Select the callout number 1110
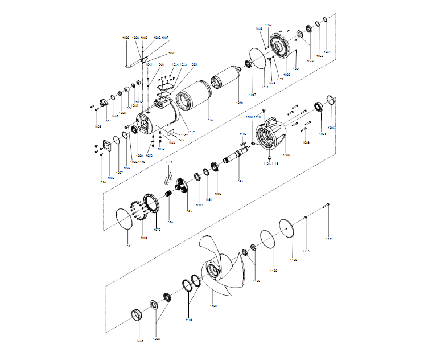click(306, 251)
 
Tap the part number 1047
click(253, 95)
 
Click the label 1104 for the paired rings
click(190, 319)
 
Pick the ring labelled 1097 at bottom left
click(138, 314)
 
